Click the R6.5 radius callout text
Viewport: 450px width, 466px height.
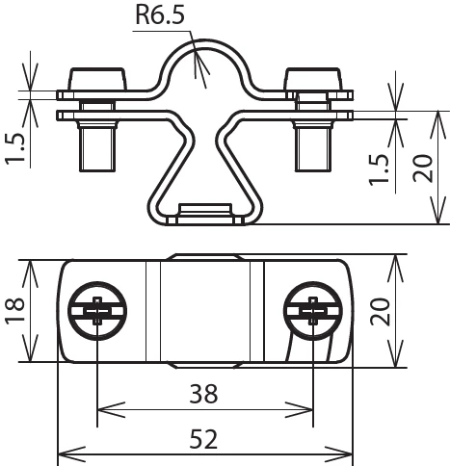pos(160,15)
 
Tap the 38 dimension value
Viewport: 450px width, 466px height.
pos(203,394)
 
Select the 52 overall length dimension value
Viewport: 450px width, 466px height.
pos(203,439)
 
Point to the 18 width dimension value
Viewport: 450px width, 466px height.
pos(15,310)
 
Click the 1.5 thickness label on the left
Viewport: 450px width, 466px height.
pos(15,147)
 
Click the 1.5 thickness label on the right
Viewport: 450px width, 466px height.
pos(379,170)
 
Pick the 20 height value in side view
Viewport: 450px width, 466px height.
pos(423,168)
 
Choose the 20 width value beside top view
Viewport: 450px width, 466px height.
pos(380,311)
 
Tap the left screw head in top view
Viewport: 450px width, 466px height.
pos(97,311)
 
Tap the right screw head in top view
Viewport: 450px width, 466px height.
pos(313,311)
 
